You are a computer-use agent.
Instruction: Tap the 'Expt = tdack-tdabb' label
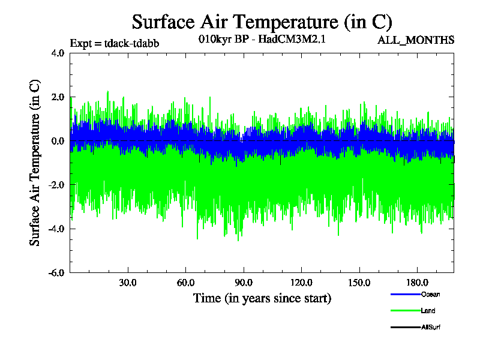tap(115, 43)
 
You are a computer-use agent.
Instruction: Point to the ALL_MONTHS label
tap(416, 40)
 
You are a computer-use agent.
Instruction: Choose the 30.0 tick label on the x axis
tap(128, 282)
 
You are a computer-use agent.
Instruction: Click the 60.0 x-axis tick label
tap(185, 282)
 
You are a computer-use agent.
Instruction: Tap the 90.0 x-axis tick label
tap(243, 282)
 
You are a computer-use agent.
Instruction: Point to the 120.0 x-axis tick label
tap(301, 282)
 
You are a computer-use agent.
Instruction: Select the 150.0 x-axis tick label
tap(359, 282)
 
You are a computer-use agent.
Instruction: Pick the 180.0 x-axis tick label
tap(416, 282)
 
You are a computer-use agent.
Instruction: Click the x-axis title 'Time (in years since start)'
tap(262, 298)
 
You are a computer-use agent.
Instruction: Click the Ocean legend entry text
tap(431, 294)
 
